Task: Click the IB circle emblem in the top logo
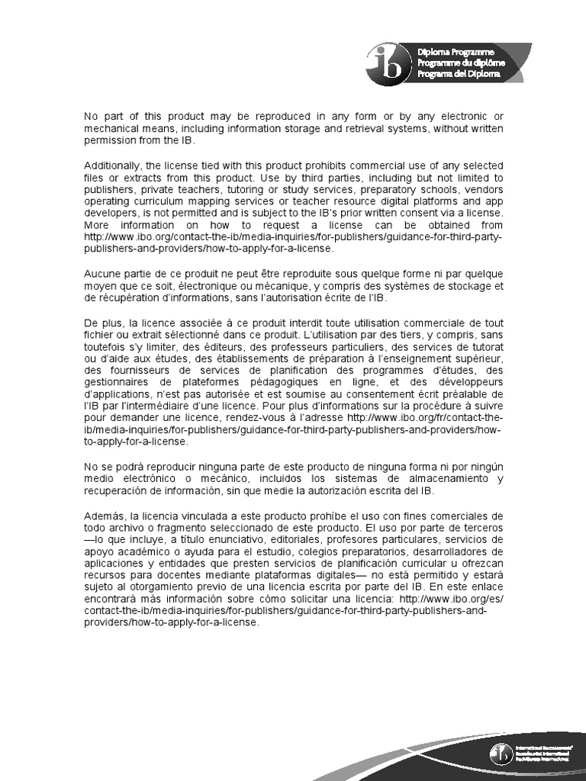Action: point(385,60)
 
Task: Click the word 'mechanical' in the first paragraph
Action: point(109,129)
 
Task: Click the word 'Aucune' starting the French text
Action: point(103,273)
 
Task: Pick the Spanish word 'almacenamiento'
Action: point(444,478)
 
